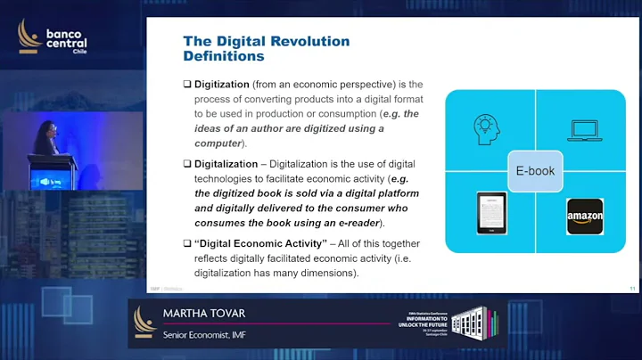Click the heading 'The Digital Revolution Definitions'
click(266, 48)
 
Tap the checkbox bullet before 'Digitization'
click(187, 85)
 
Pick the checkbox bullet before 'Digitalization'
click(187, 164)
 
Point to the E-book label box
click(535, 168)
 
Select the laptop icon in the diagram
click(585, 131)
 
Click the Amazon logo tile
click(586, 216)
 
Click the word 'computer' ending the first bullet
click(218, 143)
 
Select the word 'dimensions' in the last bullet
click(331, 273)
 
